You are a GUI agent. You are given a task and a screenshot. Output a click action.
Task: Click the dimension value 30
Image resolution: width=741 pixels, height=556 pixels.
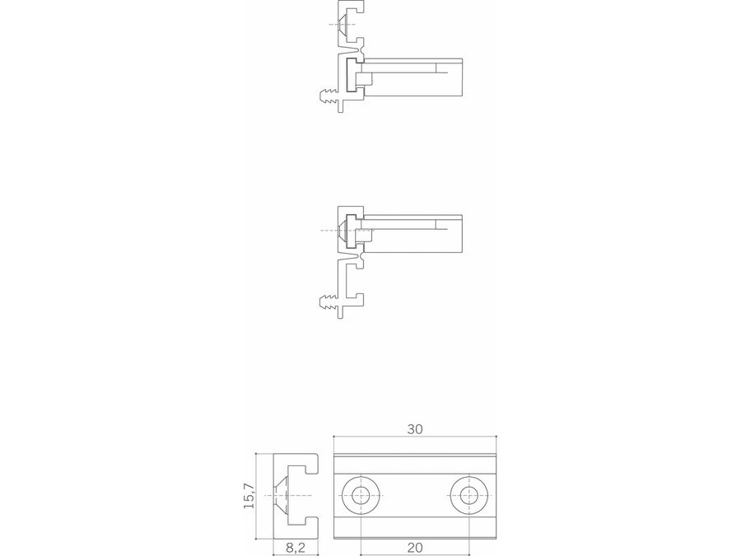(414, 429)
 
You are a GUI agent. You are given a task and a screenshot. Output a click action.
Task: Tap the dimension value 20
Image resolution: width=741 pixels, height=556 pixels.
(414, 548)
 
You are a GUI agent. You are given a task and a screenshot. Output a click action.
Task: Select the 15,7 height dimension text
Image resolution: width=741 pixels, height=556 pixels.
(249, 496)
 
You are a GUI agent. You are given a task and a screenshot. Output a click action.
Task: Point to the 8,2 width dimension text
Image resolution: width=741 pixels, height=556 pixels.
(296, 548)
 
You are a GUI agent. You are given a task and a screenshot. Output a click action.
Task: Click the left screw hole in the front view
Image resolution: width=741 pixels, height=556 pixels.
(361, 496)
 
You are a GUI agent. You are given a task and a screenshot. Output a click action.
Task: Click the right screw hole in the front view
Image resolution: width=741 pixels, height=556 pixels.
(468, 496)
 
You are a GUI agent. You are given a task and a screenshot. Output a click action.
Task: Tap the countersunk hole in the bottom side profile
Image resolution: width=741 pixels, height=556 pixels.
(282, 496)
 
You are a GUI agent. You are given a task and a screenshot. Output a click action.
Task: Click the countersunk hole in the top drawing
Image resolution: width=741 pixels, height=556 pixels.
(343, 24)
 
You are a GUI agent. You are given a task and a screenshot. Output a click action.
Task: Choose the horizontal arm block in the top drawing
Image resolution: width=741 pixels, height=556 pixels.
(412, 77)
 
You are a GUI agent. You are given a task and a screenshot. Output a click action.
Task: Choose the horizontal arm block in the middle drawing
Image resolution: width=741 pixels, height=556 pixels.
(412, 234)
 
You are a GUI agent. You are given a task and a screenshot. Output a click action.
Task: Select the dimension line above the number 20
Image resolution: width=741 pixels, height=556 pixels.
(414, 555)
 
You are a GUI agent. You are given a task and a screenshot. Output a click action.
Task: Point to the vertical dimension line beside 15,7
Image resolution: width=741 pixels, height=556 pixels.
(257, 496)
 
